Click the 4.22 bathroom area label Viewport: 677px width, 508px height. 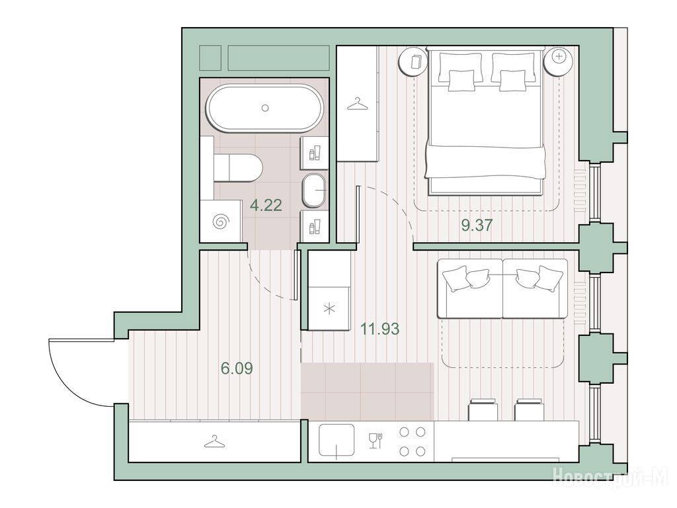pos(266,205)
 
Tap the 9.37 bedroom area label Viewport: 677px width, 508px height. pos(477,225)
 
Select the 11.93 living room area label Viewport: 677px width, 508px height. pos(380,329)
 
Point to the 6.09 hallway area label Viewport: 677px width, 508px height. pos(237,368)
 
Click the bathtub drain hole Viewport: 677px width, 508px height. pos(265,108)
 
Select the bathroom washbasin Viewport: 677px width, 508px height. pos(315,190)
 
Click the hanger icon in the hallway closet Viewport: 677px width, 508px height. pos(215,441)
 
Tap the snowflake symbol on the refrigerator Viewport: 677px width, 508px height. pos(329,310)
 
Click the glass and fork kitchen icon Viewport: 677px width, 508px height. pos(376,441)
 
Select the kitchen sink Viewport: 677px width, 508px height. pos(337,441)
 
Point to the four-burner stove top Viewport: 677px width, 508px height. pos(413,441)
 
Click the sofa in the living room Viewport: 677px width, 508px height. pos(502,288)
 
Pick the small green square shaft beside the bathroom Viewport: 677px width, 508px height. pos(210,58)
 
